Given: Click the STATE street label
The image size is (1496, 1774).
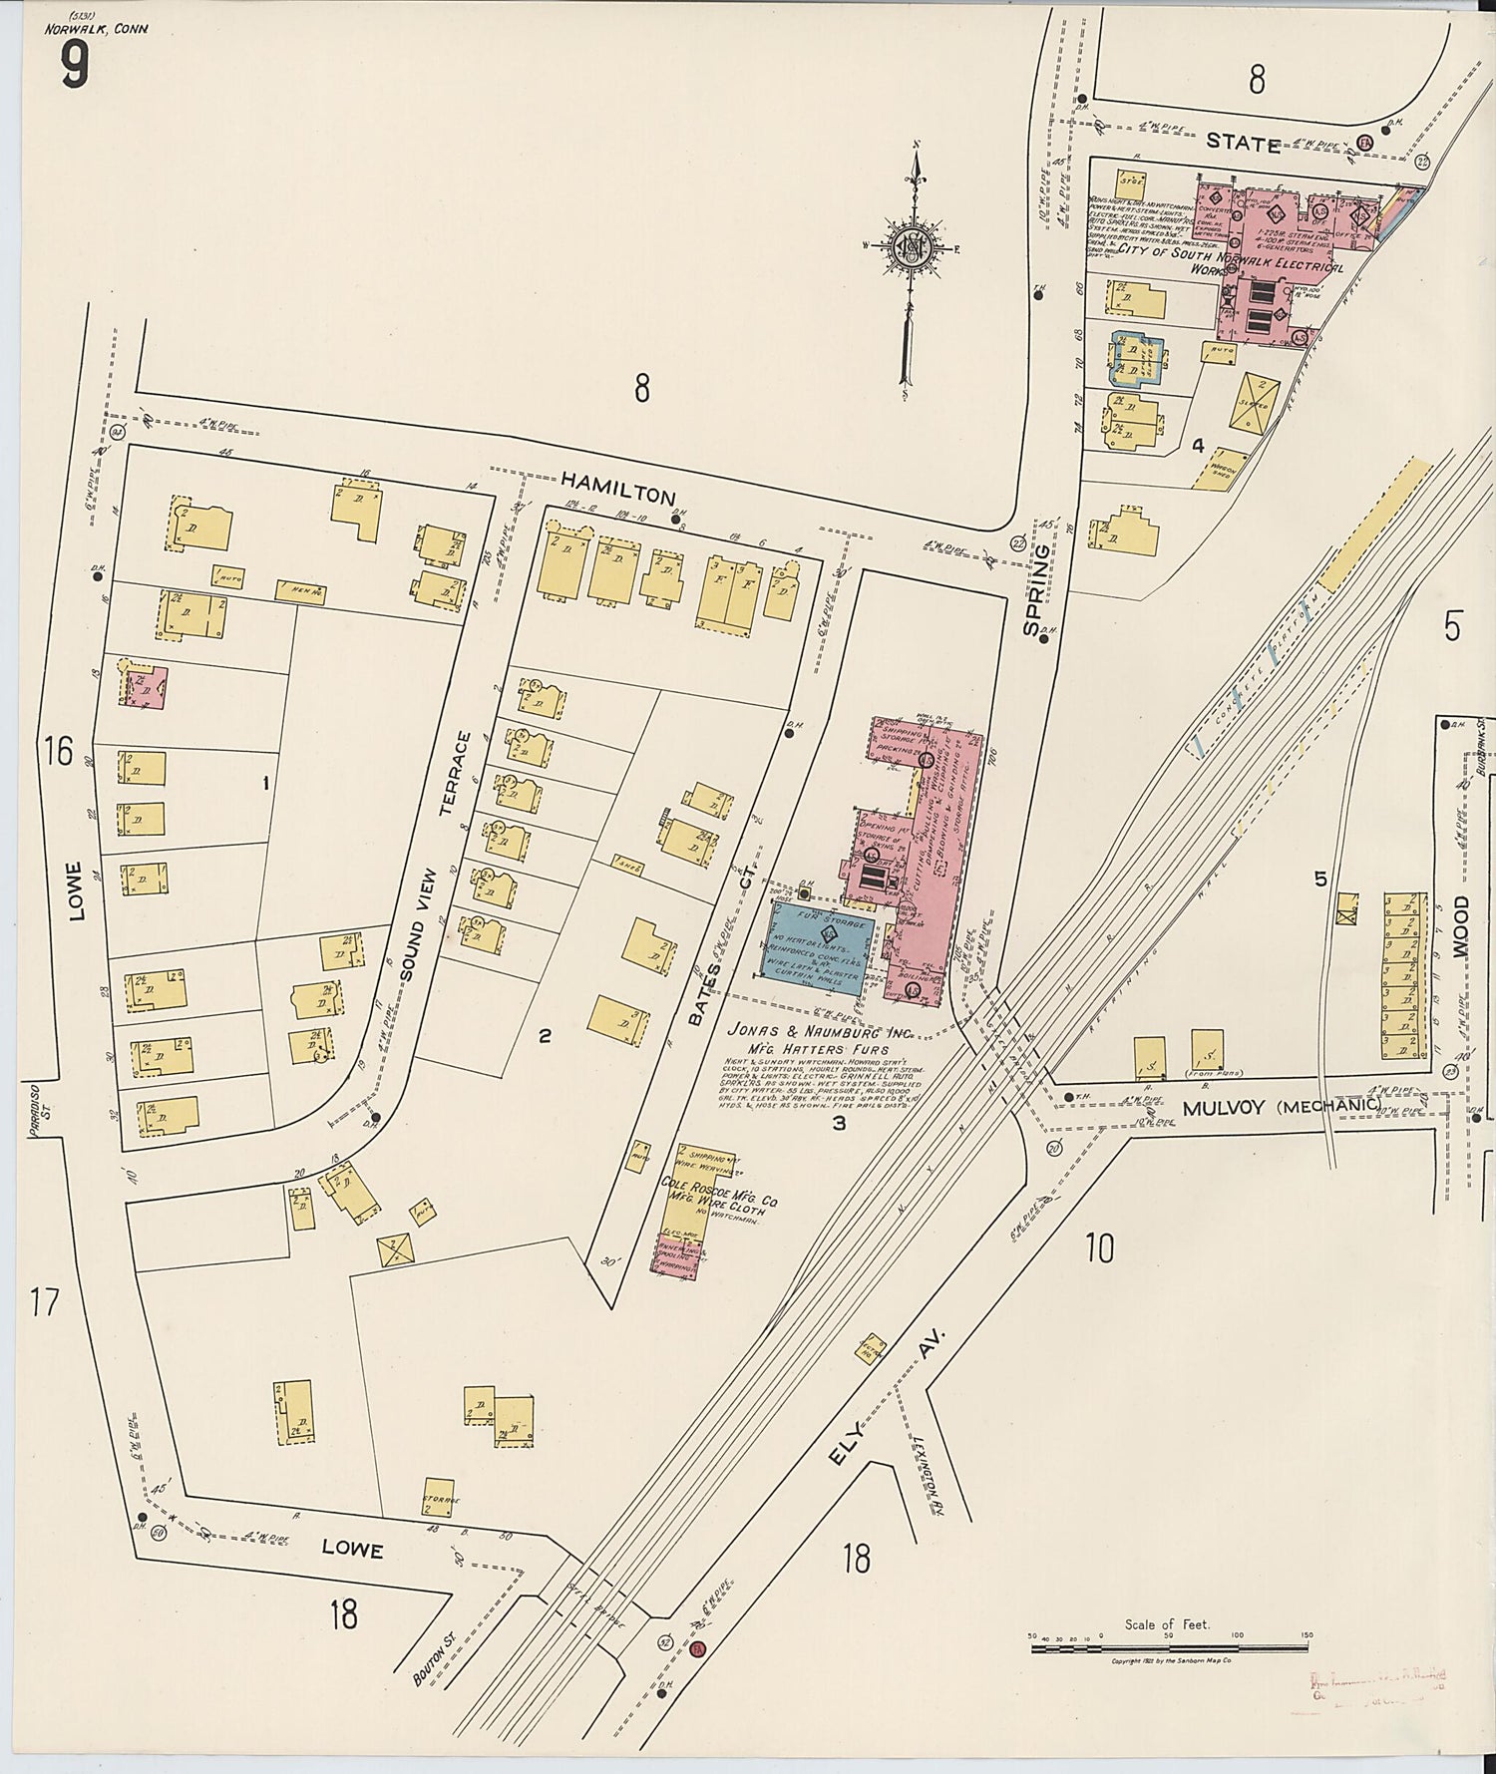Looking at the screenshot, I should coord(1243,144).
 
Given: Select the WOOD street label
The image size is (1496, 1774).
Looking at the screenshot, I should coord(1459,926).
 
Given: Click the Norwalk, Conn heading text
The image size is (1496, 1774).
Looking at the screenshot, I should coord(96,29).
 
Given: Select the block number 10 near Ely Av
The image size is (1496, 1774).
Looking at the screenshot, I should coord(1099,1247).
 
